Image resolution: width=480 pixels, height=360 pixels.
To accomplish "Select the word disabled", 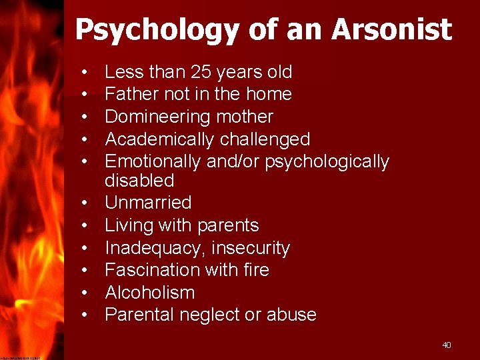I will pos(139,180).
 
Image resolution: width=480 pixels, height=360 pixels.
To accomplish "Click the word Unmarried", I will pos(148,203).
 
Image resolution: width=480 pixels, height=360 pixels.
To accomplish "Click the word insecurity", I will pos(251,248).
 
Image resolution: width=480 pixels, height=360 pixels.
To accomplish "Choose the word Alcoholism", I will pos(150,293).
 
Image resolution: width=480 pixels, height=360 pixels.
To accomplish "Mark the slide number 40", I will pos(446,345).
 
